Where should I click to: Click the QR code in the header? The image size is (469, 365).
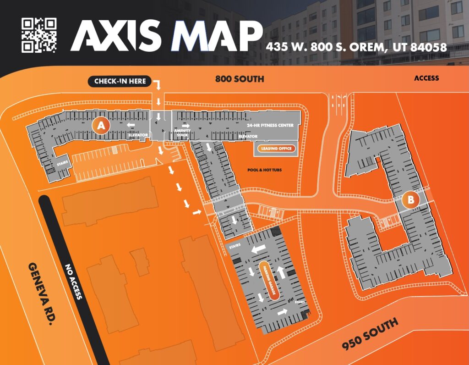click(39, 35)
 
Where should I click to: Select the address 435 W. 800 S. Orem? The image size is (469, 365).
click(356, 47)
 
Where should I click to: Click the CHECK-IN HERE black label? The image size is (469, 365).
click(120, 82)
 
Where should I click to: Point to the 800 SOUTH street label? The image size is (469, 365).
click(240, 79)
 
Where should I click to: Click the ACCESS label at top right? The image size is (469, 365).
click(426, 78)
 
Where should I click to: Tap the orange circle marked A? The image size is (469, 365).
click(101, 125)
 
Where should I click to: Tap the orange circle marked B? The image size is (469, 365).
click(411, 199)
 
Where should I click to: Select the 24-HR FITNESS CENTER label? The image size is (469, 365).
click(270, 125)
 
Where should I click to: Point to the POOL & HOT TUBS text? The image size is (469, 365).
click(264, 170)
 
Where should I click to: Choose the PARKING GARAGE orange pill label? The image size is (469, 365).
click(268, 281)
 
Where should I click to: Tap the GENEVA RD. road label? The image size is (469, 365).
click(39, 293)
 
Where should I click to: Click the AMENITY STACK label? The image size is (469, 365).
click(181, 133)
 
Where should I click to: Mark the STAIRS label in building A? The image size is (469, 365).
click(62, 162)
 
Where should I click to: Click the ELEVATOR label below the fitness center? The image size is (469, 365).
click(248, 136)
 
